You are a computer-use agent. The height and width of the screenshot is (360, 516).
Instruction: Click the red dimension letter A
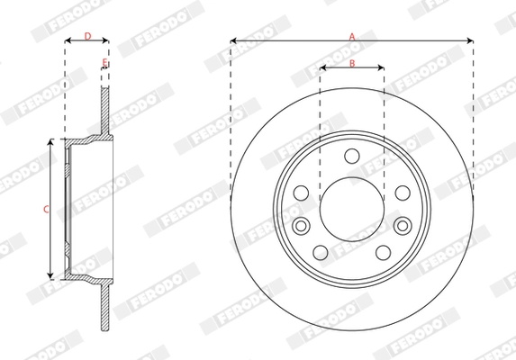(x=352, y=34)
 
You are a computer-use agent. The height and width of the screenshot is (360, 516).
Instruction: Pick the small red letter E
(x=104, y=62)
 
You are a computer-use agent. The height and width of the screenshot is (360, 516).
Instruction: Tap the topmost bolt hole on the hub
(x=352, y=157)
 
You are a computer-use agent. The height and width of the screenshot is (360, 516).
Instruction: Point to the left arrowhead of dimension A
(x=233, y=40)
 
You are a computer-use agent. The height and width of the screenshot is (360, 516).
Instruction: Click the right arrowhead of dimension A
(x=470, y=40)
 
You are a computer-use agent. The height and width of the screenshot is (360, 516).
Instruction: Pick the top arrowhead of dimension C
(x=51, y=142)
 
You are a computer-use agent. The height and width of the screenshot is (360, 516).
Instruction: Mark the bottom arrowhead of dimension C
(x=51, y=275)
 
